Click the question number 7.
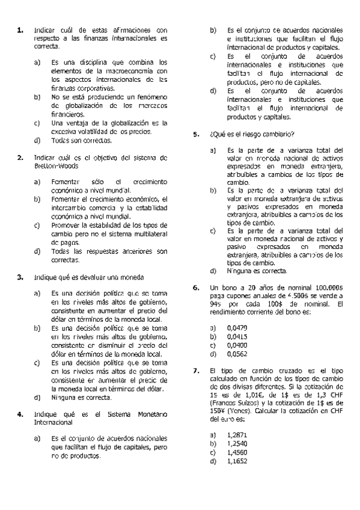(x=196, y=371)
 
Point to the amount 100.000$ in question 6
(x=328, y=288)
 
